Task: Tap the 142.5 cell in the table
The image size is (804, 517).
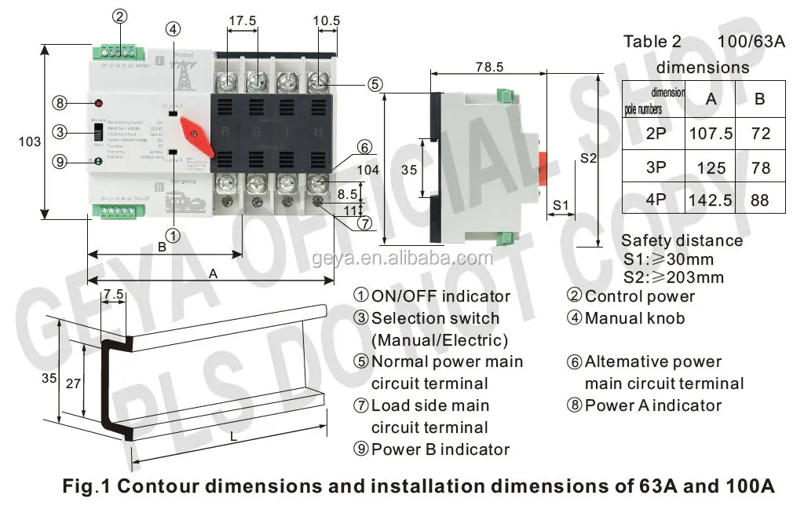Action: [x=711, y=200]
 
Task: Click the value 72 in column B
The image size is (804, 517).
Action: [x=760, y=134]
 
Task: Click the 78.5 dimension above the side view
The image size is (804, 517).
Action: [x=488, y=68]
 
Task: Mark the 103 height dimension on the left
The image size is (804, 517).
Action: [x=29, y=141]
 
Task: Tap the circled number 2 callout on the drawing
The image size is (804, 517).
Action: [x=119, y=16]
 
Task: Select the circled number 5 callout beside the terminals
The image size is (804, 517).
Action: [x=375, y=83]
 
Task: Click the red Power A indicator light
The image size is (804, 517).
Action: [x=99, y=104]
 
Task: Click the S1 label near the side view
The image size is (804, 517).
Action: [x=560, y=204]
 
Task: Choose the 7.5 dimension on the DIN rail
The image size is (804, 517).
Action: [x=113, y=295]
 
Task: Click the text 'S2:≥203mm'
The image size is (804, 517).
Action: [x=673, y=277]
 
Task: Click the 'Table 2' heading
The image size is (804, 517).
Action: [x=652, y=42]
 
